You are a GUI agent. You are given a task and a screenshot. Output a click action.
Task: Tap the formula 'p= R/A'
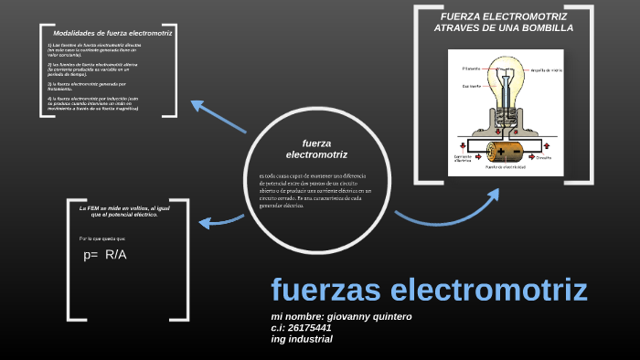coord(105,254)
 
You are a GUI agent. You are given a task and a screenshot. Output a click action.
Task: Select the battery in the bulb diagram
coord(504,149)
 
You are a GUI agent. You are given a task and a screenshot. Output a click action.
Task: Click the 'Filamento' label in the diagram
coord(471,69)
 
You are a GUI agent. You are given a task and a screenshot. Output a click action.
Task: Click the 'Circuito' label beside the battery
coord(543,157)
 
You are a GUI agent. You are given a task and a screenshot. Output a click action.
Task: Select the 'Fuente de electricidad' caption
coord(507,168)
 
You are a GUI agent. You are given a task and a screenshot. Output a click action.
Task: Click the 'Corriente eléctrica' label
coord(464,158)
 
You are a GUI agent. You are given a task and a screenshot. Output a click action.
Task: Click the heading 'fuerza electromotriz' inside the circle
coord(316,148)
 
